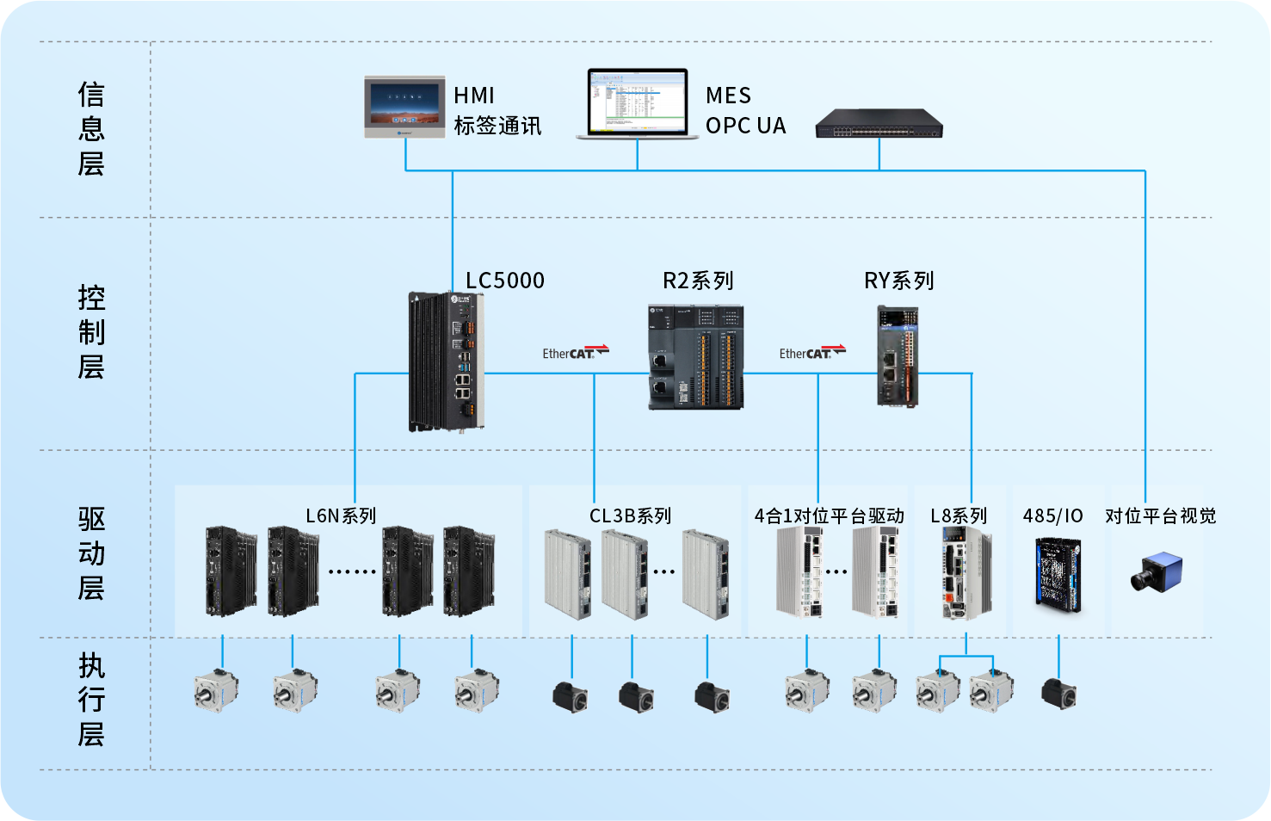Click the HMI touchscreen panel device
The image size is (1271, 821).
point(404,107)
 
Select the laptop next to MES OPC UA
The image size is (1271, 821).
point(638,103)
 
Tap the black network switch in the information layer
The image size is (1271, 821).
point(879,124)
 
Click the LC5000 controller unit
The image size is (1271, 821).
point(446,361)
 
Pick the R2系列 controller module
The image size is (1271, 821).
point(695,357)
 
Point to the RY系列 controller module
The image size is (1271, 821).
point(898,356)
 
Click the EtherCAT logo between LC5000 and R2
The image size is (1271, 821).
point(575,352)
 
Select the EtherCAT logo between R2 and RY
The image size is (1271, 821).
point(811,352)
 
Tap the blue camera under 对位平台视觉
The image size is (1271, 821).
point(1157,571)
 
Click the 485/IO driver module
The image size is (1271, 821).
point(1058,574)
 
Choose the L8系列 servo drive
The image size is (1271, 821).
point(966,573)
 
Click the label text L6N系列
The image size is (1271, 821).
point(341,515)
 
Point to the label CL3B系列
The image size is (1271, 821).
point(630,515)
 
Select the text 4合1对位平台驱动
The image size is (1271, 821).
point(829,515)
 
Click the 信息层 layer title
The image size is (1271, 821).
point(91,129)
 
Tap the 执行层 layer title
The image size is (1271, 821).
point(91,700)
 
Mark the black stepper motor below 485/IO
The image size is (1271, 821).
point(1058,693)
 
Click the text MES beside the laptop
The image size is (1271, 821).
point(728,96)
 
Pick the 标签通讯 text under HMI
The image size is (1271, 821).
point(497,126)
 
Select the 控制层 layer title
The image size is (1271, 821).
point(91,332)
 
